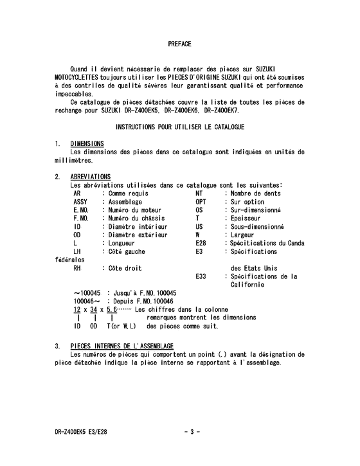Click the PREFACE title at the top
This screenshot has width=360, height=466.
(x=179, y=44)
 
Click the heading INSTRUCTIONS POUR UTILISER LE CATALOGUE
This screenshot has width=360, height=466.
(x=179, y=127)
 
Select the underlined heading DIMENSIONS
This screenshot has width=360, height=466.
(x=87, y=143)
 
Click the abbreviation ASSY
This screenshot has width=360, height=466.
(x=81, y=202)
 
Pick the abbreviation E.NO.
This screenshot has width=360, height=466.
(x=81, y=210)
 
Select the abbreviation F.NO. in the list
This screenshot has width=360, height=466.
(x=81, y=219)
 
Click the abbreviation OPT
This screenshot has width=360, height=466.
(x=201, y=202)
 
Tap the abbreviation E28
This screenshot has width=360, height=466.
(x=201, y=244)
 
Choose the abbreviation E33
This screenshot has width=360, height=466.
(x=201, y=276)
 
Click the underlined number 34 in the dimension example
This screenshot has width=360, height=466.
(x=94, y=310)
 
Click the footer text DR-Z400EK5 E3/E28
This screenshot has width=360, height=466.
(x=82, y=431)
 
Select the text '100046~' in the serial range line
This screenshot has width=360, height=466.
(x=87, y=301)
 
